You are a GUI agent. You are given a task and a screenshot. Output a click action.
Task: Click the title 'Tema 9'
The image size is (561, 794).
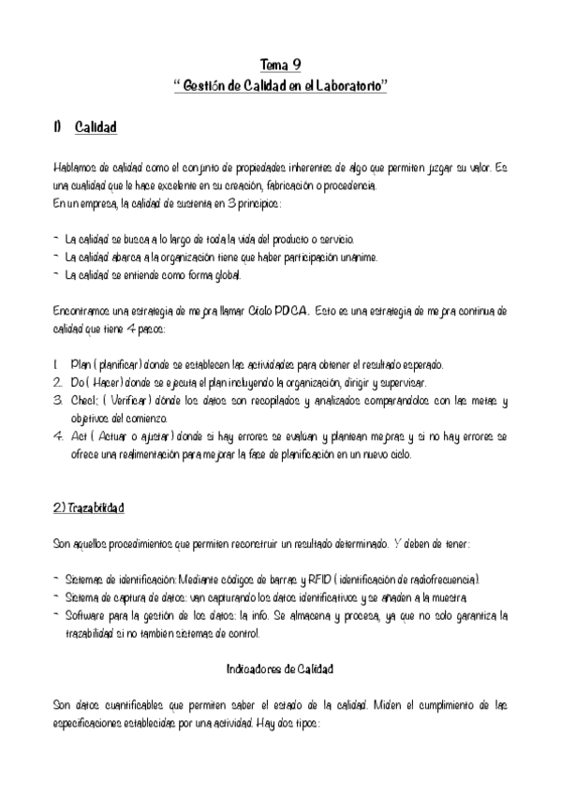click(280, 65)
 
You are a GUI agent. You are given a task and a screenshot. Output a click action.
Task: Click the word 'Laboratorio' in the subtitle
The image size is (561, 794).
click(347, 85)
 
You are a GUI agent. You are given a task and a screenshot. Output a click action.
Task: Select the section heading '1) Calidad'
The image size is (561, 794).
click(85, 126)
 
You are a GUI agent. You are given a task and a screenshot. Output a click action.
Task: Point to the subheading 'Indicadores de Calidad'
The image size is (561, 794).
click(280, 669)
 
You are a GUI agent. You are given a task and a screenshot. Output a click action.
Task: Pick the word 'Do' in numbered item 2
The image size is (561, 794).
click(79, 383)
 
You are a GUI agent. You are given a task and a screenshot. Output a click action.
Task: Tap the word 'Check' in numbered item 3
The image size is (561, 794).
click(86, 401)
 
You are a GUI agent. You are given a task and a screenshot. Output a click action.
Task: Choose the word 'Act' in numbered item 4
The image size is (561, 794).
click(80, 436)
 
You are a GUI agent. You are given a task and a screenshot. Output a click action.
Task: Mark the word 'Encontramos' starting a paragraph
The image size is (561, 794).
click(85, 310)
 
